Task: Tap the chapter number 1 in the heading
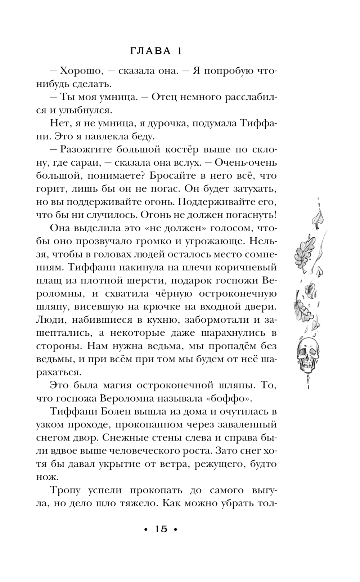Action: pos(179,52)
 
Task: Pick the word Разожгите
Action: pos(87,149)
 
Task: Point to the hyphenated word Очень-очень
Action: pos(246,163)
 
